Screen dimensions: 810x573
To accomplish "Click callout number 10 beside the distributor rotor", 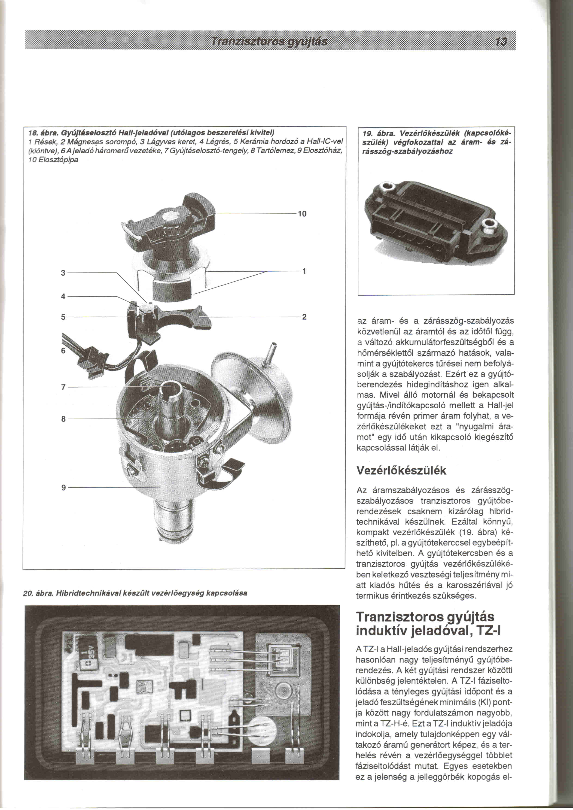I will pos(302,214).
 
